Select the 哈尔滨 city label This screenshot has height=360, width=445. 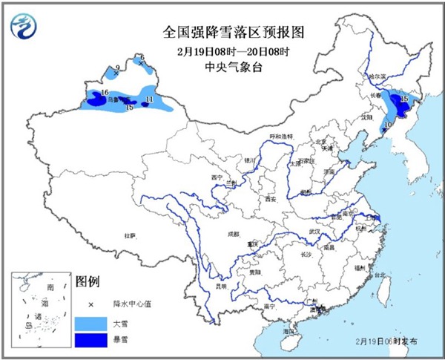[378, 76]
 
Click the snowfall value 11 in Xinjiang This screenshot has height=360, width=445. [150, 99]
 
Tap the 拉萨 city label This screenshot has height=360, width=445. [130, 236]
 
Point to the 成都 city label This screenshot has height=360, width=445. [234, 234]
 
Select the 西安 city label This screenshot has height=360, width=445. [268, 199]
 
